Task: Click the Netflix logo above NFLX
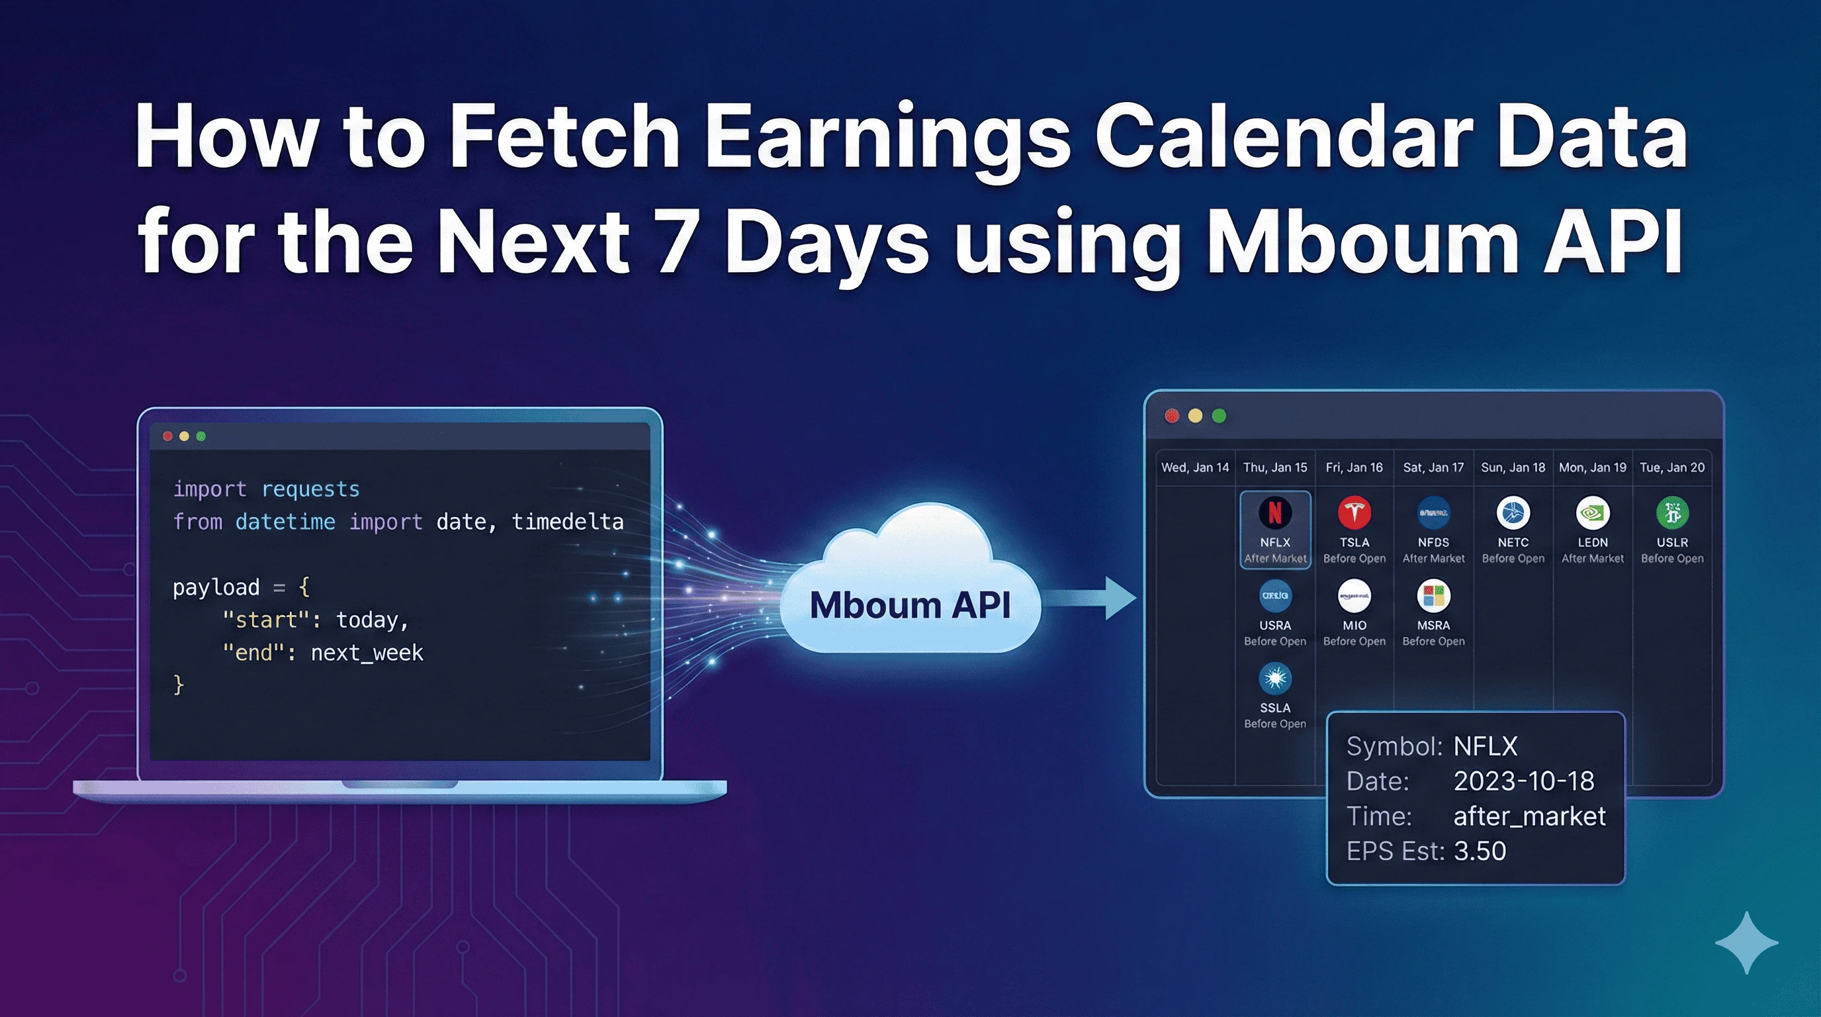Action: click(x=1274, y=512)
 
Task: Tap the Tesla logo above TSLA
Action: click(x=1354, y=512)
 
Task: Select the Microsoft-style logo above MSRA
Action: click(x=1433, y=595)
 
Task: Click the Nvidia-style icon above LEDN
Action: click(x=1592, y=512)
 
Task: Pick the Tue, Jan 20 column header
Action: click(x=1671, y=467)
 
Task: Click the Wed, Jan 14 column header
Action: click(x=1194, y=467)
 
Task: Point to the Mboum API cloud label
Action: click(x=910, y=605)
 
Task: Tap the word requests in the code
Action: click(x=310, y=489)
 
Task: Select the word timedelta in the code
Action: click(x=567, y=522)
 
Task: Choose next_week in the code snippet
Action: click(x=367, y=653)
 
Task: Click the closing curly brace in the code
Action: click(x=179, y=685)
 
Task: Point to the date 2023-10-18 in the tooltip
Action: click(x=1523, y=781)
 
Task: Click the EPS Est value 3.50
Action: click(x=1480, y=851)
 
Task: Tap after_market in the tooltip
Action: click(x=1529, y=816)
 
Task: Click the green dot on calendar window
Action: click(x=1219, y=416)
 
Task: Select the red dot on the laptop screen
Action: click(x=167, y=436)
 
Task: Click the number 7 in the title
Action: click(x=675, y=240)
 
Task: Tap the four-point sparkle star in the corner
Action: click(x=1746, y=943)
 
